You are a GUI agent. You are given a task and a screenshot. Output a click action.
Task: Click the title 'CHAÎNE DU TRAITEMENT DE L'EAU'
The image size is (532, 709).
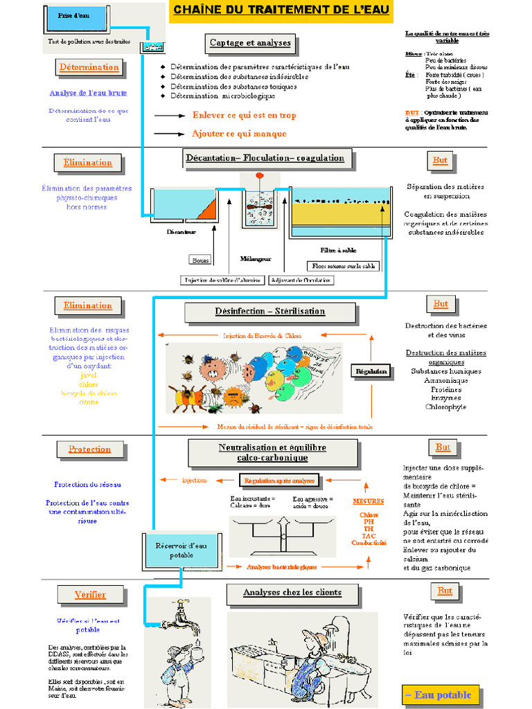click(x=281, y=10)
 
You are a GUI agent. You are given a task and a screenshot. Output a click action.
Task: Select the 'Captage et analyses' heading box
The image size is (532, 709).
click(x=251, y=44)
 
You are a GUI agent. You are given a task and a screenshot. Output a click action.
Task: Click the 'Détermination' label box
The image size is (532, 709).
click(x=89, y=67)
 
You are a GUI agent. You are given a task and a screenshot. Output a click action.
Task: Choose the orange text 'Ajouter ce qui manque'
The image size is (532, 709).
click(x=239, y=133)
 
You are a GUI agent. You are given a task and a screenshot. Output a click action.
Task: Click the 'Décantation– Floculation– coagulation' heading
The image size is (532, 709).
click(x=265, y=158)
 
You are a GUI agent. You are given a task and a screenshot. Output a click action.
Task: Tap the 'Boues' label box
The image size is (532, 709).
click(x=200, y=260)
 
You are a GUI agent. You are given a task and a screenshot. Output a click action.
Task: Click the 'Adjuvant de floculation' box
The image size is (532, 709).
click(x=301, y=280)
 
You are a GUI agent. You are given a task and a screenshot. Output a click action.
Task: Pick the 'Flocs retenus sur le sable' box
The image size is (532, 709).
click(x=343, y=266)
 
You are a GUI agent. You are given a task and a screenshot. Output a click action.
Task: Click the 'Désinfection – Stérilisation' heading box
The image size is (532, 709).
click(x=269, y=312)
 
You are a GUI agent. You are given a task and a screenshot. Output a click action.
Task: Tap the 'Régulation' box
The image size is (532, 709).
click(x=371, y=371)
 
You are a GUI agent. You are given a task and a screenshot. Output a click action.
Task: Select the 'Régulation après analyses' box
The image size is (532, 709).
click(x=278, y=480)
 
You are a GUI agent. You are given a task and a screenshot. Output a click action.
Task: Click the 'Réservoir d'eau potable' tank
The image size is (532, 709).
click(x=181, y=550)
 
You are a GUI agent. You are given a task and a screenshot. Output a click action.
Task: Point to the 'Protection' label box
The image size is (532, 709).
click(x=89, y=449)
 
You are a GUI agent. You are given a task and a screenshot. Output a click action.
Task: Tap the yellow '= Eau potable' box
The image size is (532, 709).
click(x=438, y=694)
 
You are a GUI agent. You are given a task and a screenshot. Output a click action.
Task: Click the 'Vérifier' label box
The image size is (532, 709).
click(x=90, y=595)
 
